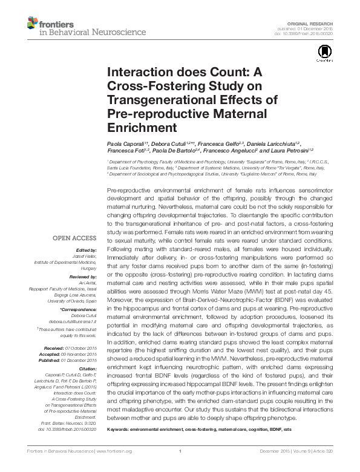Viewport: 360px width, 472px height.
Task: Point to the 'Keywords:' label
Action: pyautogui.click(x=121, y=430)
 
